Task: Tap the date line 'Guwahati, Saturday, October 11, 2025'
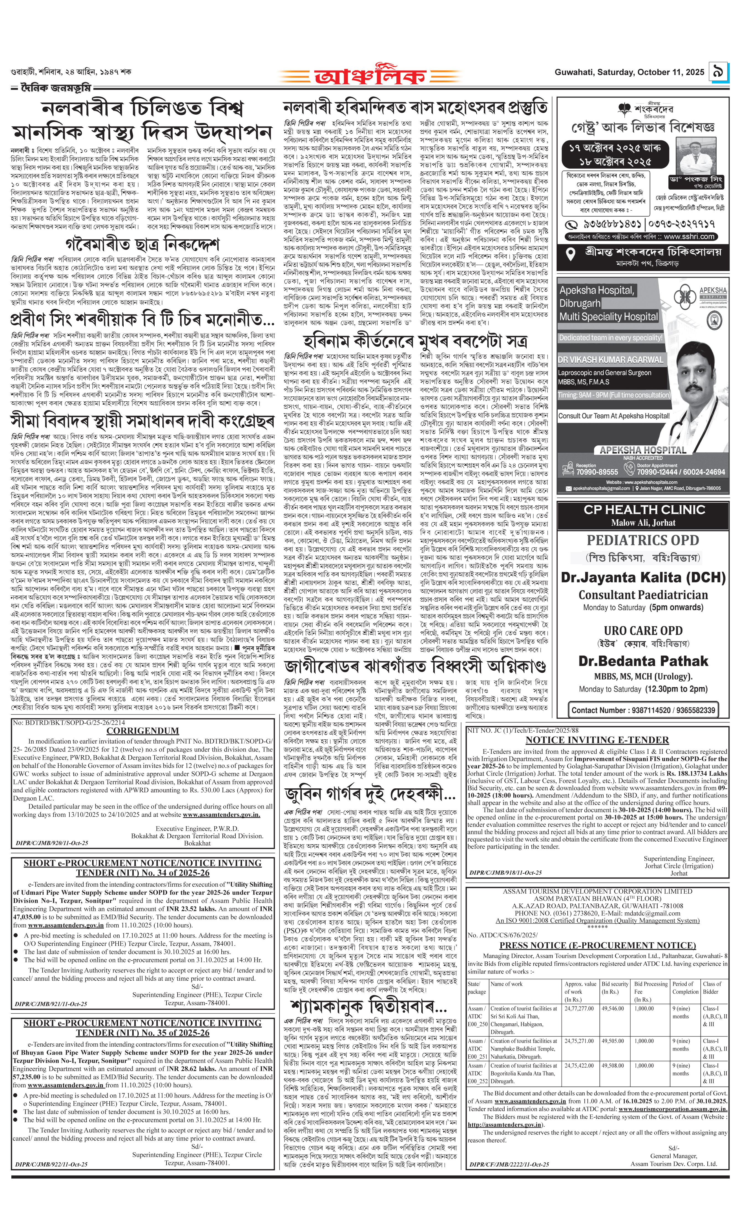pos(629,72)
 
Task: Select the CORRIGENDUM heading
pos(143,731)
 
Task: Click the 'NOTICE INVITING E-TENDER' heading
pos(597,740)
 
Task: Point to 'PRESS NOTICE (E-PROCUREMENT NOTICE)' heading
pos(597,945)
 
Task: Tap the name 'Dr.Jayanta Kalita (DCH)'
pos(643,577)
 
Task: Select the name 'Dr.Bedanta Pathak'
pos(643,661)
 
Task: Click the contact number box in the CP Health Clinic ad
pos(643,709)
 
